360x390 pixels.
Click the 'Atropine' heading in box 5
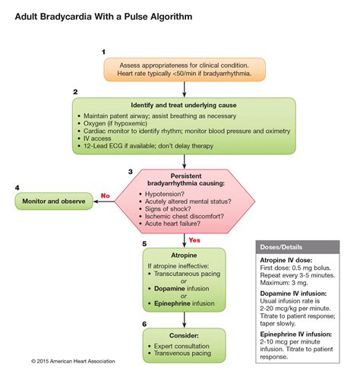[184, 255]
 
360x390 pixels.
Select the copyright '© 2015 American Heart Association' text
[74, 360]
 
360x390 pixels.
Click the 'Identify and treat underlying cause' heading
[184, 104]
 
